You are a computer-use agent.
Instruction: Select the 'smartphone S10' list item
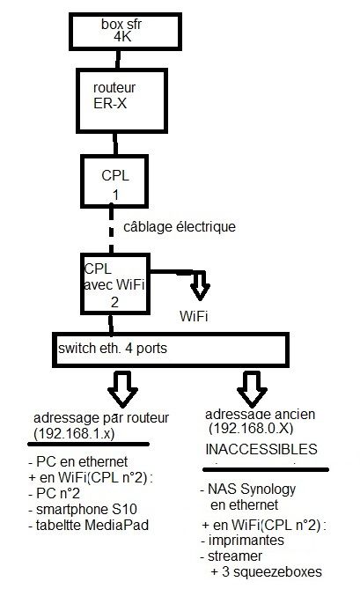[75, 510]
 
